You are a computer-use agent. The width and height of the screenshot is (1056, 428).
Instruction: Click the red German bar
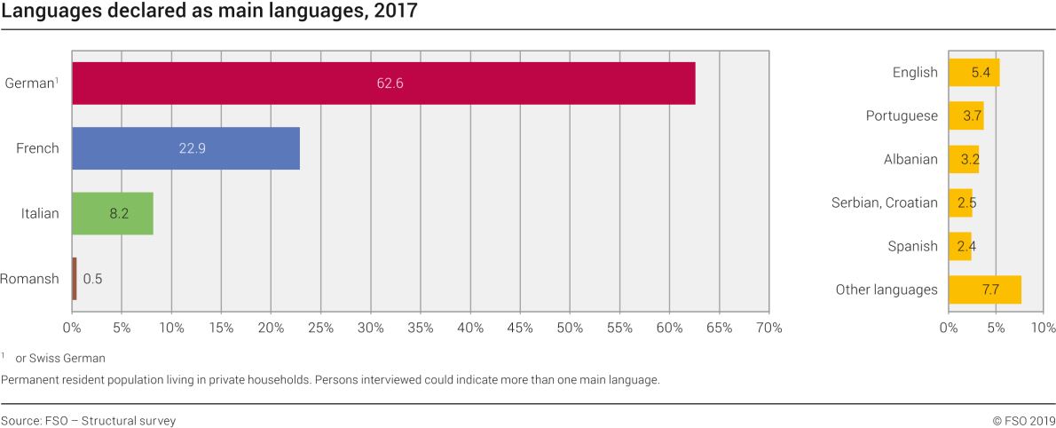[x=383, y=83]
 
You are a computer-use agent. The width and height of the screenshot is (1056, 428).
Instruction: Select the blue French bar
[x=185, y=148]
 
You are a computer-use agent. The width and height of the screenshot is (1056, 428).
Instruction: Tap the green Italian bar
[x=112, y=213]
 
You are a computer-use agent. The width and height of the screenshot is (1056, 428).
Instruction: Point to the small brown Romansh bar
[x=75, y=278]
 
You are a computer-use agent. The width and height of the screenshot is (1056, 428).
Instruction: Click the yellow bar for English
[x=973, y=73]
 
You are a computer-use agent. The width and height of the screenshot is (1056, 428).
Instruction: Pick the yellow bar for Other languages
[x=984, y=289]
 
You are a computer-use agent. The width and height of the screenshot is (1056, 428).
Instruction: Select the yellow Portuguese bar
[x=965, y=116]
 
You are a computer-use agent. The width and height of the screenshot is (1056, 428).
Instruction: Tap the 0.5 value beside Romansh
[x=92, y=279]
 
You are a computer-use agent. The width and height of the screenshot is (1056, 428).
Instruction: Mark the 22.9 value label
[x=192, y=148]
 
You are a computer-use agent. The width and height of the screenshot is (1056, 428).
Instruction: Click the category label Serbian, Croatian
[x=884, y=202]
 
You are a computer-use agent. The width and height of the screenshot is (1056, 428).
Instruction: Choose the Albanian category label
[x=910, y=160]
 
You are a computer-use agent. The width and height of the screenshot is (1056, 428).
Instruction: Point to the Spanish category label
[x=912, y=246]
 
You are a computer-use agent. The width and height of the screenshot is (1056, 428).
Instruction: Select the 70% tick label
[x=768, y=328]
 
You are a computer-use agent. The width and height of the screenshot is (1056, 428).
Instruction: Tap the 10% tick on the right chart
[x=1043, y=328]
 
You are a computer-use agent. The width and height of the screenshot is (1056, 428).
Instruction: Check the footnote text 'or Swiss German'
[x=60, y=359]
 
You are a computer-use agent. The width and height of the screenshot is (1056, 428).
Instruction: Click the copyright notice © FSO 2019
[x=1023, y=421]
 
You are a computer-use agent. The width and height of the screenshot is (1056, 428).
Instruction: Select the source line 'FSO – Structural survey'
[x=110, y=421]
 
